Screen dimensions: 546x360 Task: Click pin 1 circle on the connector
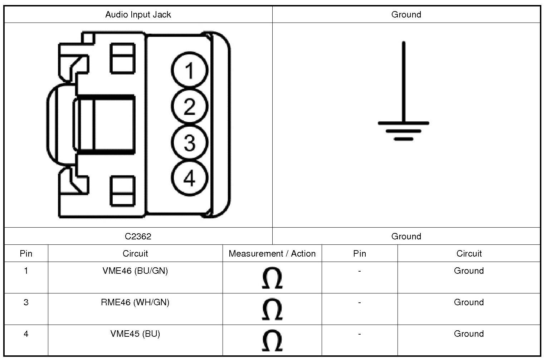coord(189,70)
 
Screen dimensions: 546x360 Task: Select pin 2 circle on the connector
coord(189,106)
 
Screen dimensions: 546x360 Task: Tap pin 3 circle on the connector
coord(189,142)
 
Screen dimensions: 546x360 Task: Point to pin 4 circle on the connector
coord(189,178)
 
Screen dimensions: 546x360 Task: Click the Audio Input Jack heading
coord(138,15)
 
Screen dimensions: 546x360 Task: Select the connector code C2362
coord(138,236)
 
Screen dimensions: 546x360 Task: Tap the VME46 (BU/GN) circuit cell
coord(135,271)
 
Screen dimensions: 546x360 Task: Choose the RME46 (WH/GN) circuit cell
coord(135,302)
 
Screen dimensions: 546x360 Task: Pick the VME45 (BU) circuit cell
coord(135,334)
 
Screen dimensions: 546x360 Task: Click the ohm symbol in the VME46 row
coord(272,278)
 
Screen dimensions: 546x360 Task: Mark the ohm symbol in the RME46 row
coord(272,309)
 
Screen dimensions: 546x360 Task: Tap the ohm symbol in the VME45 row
coord(272,341)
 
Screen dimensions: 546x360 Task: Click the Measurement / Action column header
coord(272,254)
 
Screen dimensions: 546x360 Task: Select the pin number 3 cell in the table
coord(26,302)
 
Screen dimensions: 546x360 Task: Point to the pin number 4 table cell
coord(26,334)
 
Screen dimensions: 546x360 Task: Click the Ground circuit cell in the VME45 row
coord(469,334)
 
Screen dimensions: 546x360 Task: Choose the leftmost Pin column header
coord(26,254)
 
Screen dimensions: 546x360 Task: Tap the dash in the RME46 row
coord(359,303)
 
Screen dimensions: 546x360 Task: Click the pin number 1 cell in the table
coord(26,271)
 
